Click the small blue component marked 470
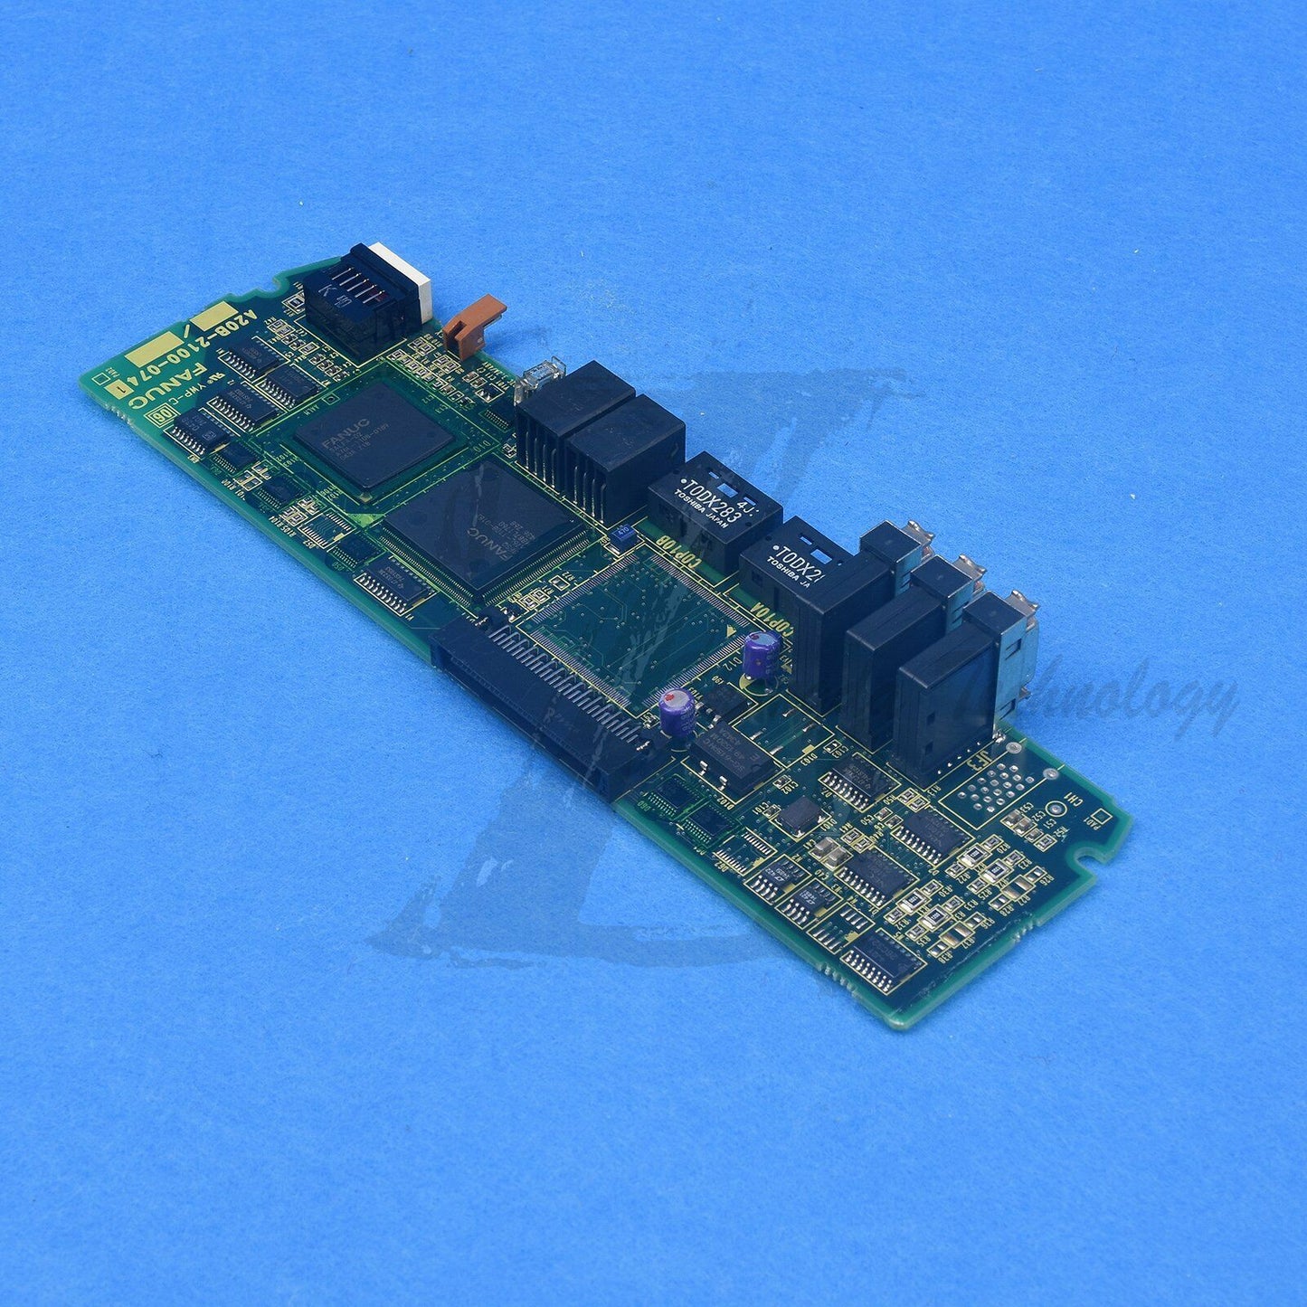pyautogui.click(x=623, y=535)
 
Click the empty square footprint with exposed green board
pyautogui.click(x=633, y=624)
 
